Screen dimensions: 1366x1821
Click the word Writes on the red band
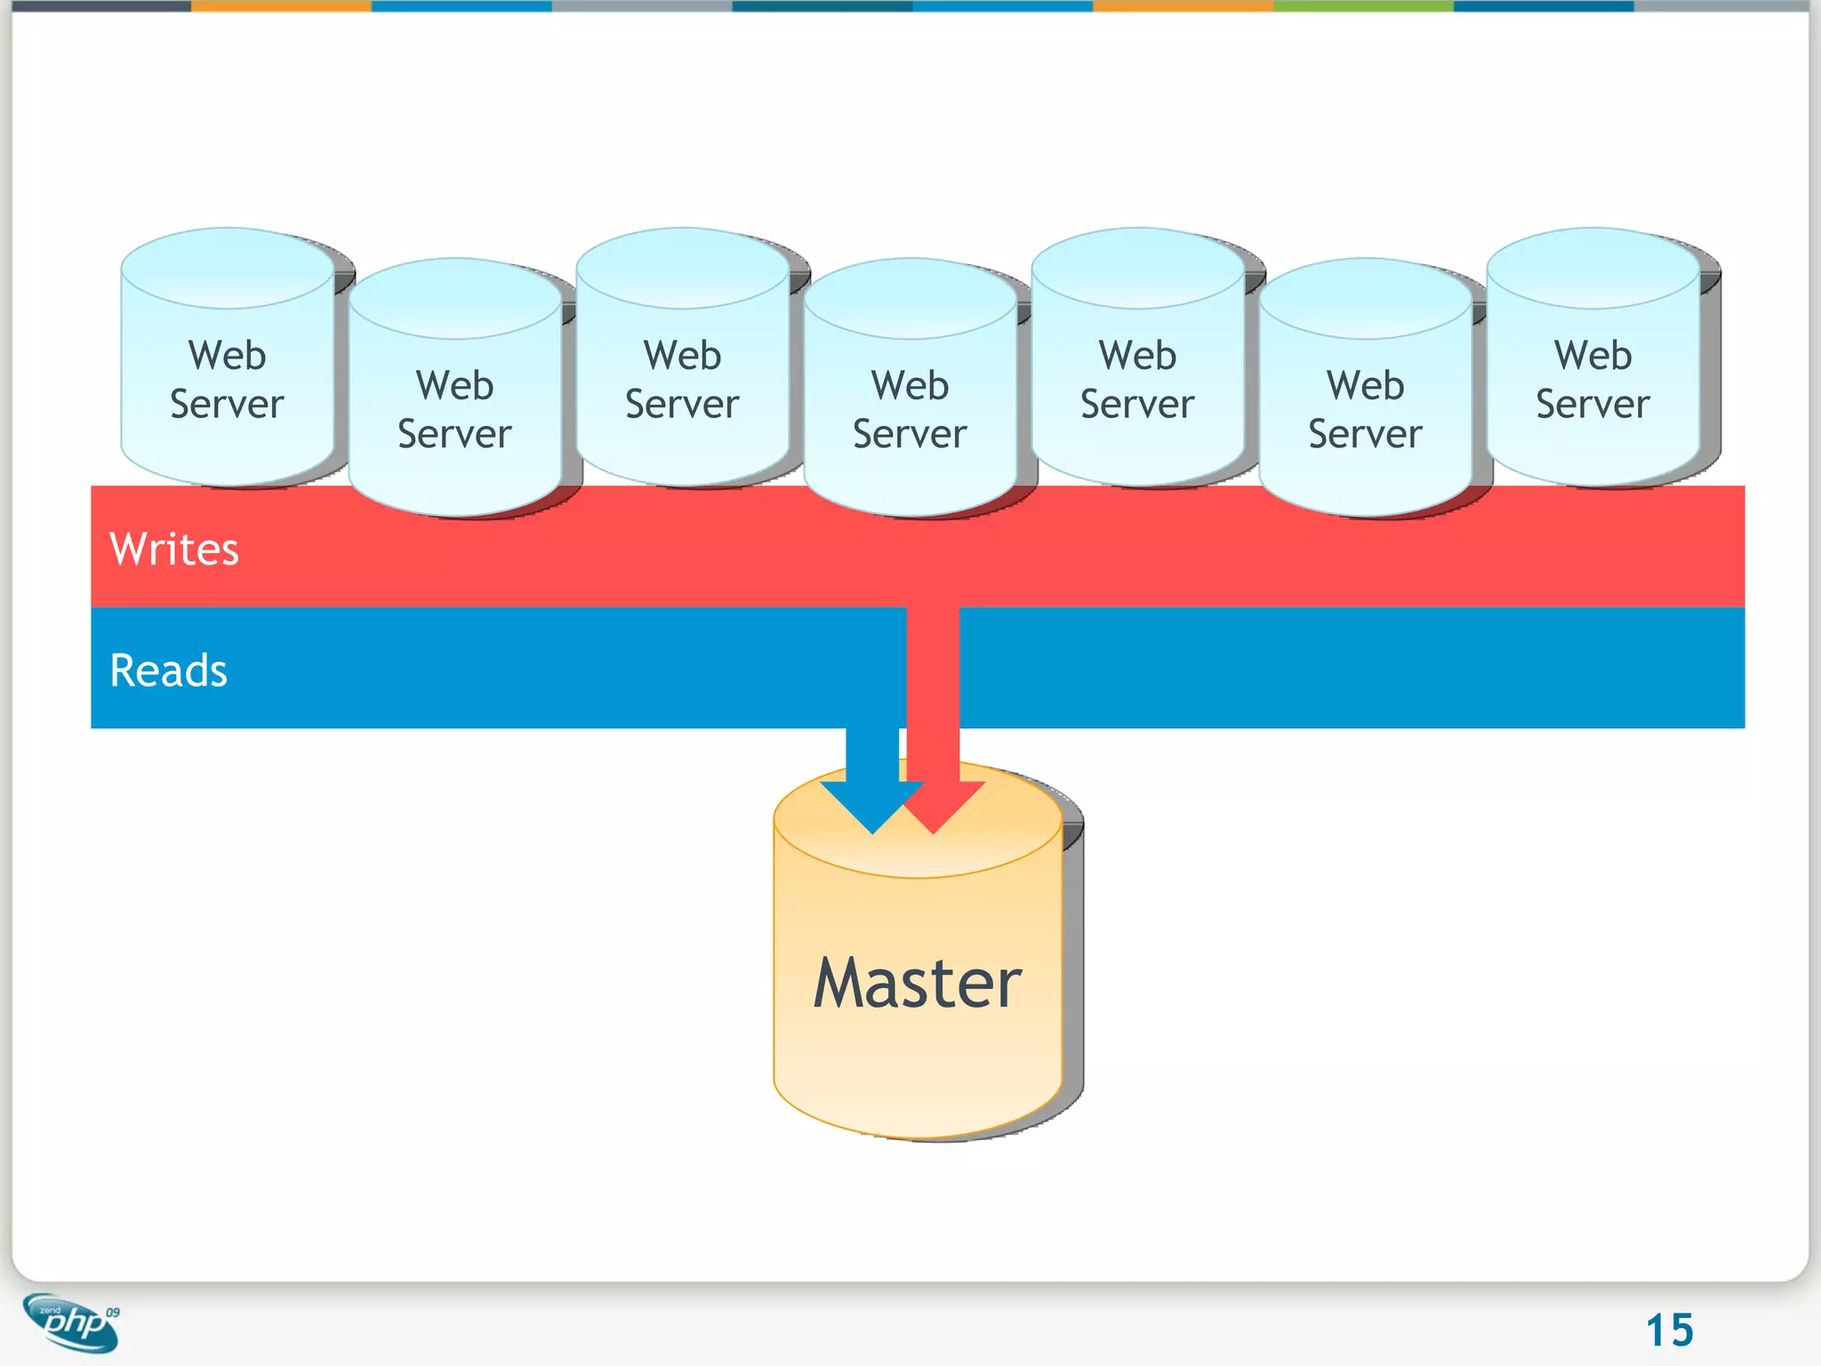[174, 549]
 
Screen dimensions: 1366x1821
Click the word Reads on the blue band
[168, 670]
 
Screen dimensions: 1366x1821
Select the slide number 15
[1669, 1330]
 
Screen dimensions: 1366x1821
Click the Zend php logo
[71, 1323]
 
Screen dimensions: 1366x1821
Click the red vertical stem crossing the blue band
[933, 667]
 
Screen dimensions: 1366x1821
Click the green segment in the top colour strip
[1363, 5]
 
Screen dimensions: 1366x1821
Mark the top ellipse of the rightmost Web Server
[1592, 268]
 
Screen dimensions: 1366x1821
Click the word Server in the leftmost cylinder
[227, 405]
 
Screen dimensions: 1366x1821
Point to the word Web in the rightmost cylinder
[1592, 356]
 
